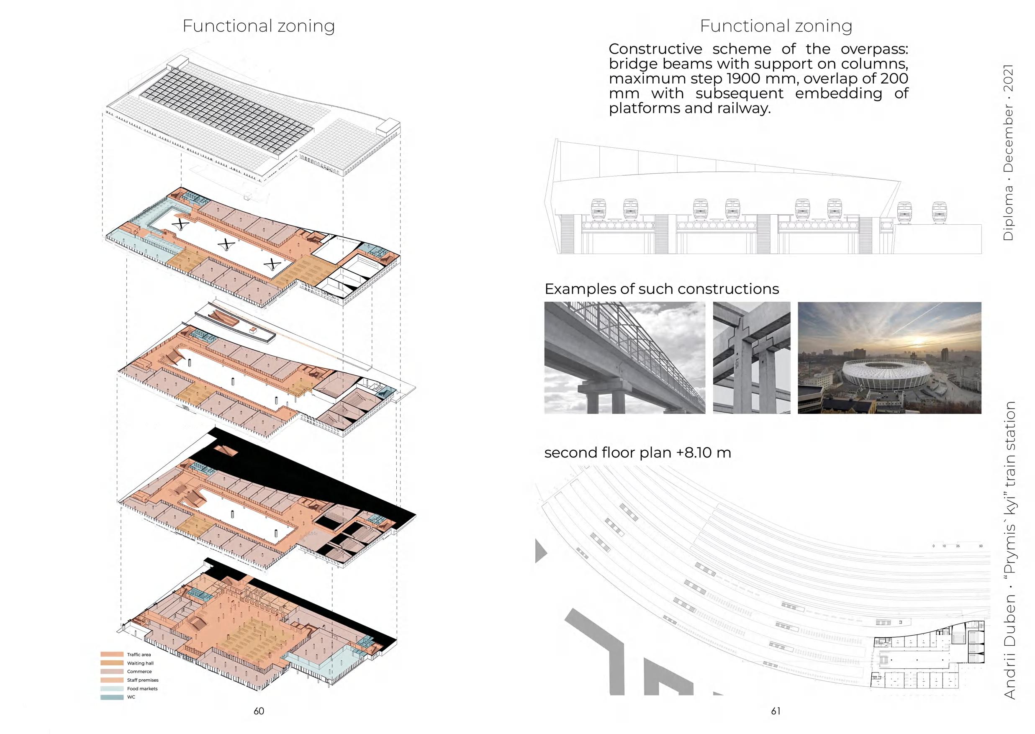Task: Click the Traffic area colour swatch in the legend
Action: click(x=112, y=654)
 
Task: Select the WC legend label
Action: click(x=131, y=697)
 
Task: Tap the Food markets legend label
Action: click(x=142, y=688)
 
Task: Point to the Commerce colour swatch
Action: click(x=112, y=672)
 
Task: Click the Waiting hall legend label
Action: click(x=140, y=663)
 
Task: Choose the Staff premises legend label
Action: click(x=142, y=680)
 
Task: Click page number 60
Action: click(x=259, y=711)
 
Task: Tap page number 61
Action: click(x=776, y=711)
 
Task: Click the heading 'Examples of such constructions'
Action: click(x=662, y=289)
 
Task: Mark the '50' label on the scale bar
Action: click(x=980, y=546)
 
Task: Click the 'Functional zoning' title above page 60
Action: click(x=259, y=26)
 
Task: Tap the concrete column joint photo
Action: click(x=752, y=357)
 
